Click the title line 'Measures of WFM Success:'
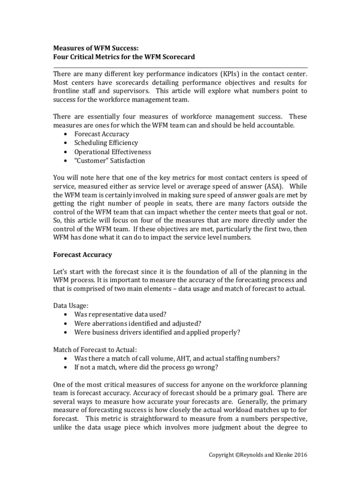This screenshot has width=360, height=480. [96, 47]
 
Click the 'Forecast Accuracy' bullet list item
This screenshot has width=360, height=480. [101, 134]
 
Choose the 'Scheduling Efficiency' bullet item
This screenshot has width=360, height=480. [106, 143]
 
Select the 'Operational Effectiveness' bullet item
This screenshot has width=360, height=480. [112, 152]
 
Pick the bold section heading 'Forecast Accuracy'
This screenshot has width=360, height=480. [82, 255]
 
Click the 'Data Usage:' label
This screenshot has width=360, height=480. [70, 306]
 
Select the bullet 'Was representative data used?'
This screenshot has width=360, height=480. [120, 315]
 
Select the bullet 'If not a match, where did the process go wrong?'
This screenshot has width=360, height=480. [146, 367]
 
